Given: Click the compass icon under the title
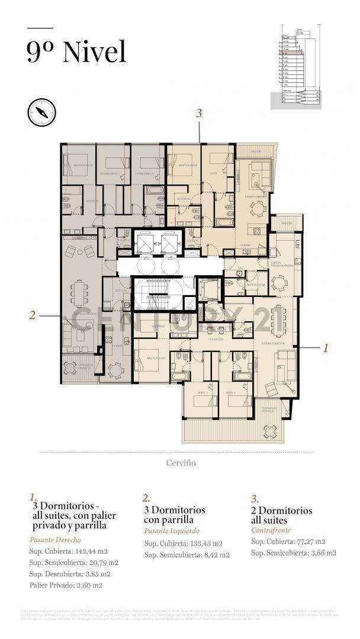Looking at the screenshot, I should [x=41, y=111].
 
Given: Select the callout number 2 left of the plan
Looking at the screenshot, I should [x=33, y=315].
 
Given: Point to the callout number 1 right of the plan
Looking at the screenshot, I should [x=325, y=348].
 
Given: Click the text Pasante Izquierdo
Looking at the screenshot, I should [x=172, y=531].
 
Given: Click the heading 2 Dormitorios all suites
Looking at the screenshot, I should [x=281, y=515].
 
